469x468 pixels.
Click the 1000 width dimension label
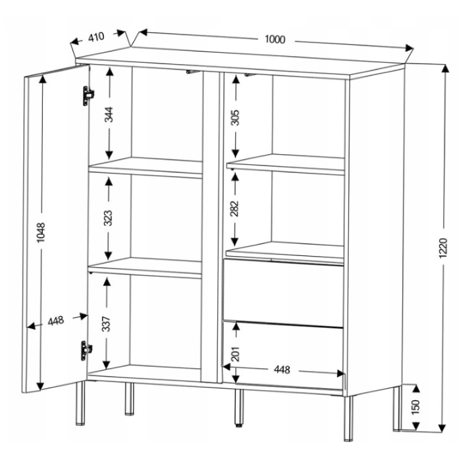click(x=275, y=39)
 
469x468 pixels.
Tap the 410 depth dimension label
click(x=96, y=37)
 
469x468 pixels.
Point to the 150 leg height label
click(x=415, y=407)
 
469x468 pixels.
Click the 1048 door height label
click(x=41, y=232)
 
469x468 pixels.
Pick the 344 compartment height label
click(x=109, y=114)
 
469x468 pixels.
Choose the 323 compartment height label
click(x=108, y=218)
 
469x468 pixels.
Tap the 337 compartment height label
click(x=106, y=324)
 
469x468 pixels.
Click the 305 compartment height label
click(x=235, y=118)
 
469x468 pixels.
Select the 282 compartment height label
click(x=235, y=209)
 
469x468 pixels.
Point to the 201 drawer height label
click(x=236, y=354)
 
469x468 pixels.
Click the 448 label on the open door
click(x=56, y=321)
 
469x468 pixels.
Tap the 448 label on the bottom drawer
click(x=282, y=370)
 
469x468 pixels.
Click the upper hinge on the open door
click(x=88, y=96)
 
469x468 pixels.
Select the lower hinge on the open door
click(x=86, y=350)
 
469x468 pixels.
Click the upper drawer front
click(x=283, y=293)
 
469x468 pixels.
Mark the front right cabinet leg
click(x=348, y=418)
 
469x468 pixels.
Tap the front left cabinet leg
click(x=81, y=403)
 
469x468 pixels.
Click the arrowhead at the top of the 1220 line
click(x=445, y=69)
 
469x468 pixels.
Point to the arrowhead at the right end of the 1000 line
click(x=409, y=48)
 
